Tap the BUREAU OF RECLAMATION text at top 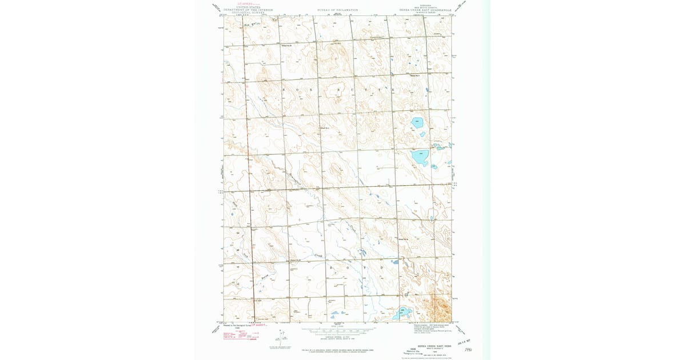[337, 10]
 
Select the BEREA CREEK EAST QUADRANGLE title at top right [421, 10]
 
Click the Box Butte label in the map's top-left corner [252, 25]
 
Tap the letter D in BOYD [381, 267]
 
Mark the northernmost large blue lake [417, 122]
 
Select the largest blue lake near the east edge [420, 157]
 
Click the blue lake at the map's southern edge [402, 313]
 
